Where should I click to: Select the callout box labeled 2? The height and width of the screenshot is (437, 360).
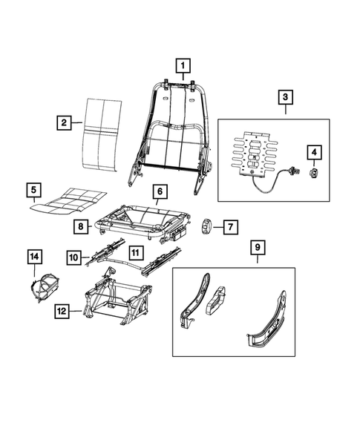coord(64,122)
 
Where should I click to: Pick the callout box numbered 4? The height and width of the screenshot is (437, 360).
coord(314,154)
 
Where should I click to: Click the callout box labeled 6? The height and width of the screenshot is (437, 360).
coord(158,191)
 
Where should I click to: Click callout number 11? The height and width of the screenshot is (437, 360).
coord(136,252)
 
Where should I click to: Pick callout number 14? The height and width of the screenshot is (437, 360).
coord(35,257)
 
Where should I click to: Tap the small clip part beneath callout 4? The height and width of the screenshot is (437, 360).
coord(314,174)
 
